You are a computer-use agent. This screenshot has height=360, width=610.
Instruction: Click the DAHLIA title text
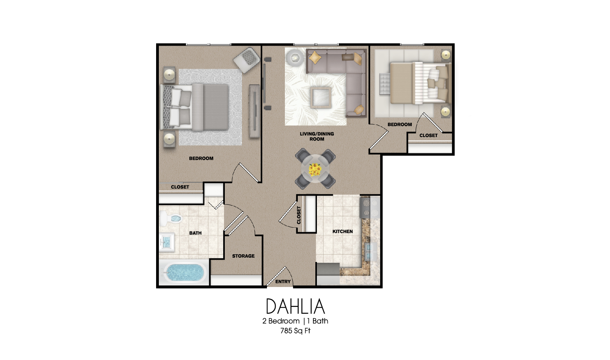[295, 307]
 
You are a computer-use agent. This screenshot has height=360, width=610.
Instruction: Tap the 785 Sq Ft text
[295, 331]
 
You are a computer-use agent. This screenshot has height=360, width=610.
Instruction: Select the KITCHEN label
[342, 232]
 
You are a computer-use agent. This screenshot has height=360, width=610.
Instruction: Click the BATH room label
[195, 233]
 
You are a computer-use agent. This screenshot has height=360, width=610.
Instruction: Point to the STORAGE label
[243, 256]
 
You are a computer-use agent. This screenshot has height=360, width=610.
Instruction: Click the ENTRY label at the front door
[283, 282]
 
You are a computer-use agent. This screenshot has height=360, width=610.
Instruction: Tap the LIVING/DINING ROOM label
[317, 136]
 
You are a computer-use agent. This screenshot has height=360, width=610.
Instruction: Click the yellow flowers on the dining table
[315, 170]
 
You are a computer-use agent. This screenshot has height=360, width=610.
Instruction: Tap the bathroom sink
[167, 242]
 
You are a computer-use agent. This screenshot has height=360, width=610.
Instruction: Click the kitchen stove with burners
[369, 208]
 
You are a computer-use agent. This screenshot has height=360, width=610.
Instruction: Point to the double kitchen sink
[370, 252]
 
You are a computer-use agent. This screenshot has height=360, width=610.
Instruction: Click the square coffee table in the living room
[321, 97]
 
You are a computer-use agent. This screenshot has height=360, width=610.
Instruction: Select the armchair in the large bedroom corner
[247, 59]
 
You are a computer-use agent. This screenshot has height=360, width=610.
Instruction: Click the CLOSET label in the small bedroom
[428, 135]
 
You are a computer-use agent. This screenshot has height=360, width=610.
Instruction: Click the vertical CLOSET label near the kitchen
[299, 215]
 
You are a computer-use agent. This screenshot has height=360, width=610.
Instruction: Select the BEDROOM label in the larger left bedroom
[201, 159]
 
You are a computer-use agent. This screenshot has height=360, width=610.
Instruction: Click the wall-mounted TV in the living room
[264, 84]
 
